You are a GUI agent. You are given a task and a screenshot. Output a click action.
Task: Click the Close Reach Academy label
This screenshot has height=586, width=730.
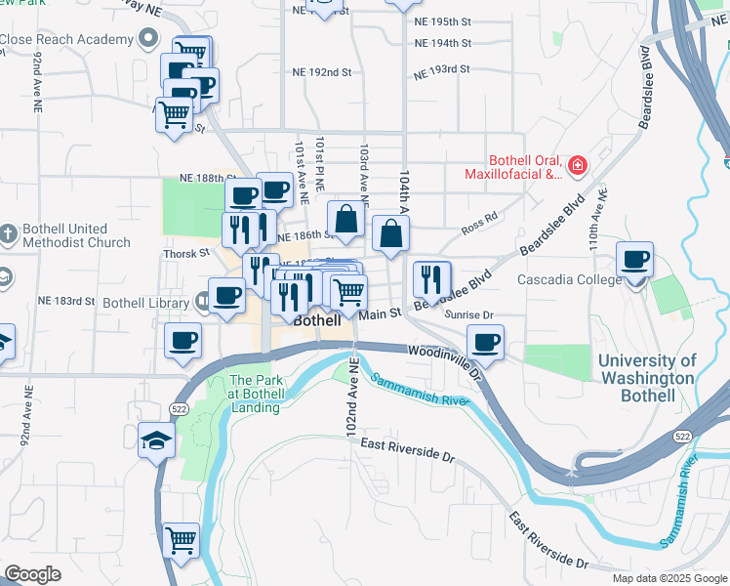(65, 39)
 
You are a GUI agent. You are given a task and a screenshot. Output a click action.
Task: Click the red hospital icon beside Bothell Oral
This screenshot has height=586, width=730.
(578, 166)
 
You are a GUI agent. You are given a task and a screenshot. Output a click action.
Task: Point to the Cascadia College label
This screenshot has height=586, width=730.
(571, 280)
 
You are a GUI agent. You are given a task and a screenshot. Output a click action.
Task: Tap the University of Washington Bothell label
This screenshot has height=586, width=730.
(646, 378)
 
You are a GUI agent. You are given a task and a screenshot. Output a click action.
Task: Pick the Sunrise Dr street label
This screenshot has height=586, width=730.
(469, 315)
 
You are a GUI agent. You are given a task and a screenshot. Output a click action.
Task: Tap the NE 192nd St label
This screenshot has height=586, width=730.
(320, 72)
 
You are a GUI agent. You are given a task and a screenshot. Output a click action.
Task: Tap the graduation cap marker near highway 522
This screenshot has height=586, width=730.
(157, 440)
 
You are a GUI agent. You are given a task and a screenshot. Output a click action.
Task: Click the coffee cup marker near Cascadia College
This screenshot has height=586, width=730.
(634, 260)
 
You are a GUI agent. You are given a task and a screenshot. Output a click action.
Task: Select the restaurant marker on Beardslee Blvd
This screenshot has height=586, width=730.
(430, 280)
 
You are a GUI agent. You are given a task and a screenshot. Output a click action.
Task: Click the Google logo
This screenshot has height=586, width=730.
(32, 574)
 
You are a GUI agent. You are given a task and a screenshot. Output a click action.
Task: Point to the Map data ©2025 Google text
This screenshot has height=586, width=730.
(669, 578)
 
